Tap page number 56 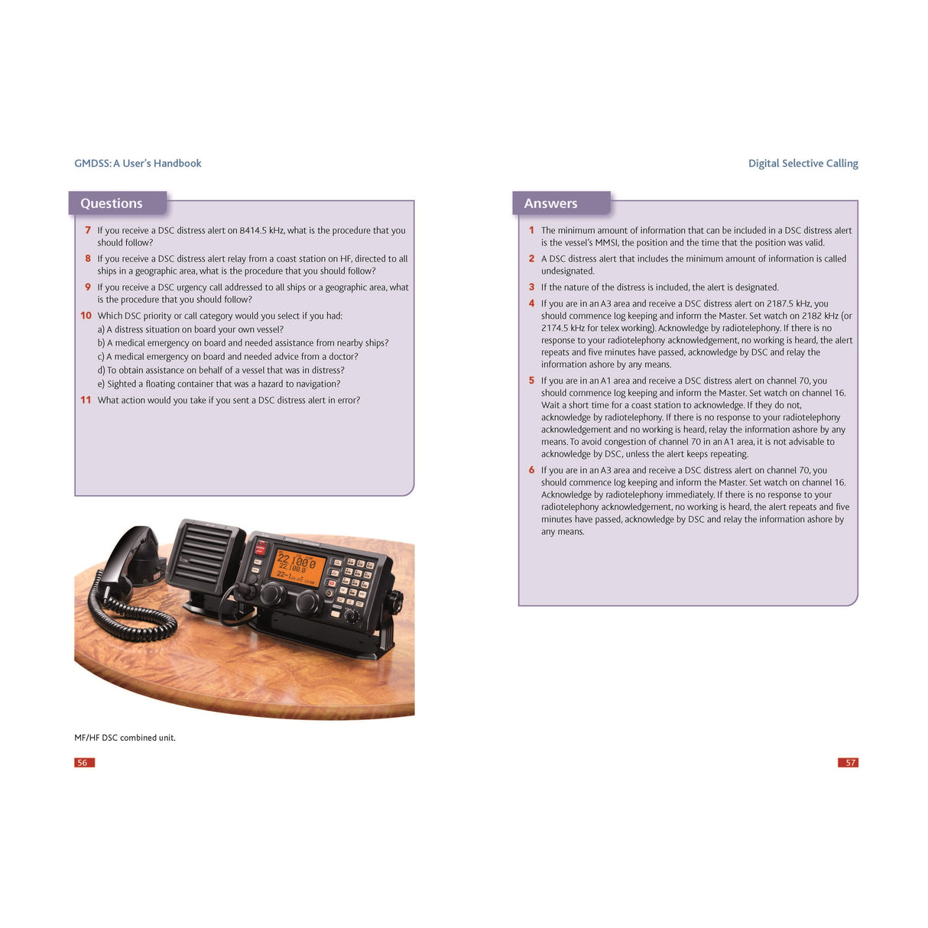pos(83,762)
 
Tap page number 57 pos(849,762)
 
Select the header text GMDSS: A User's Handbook pos(138,164)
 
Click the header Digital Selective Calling pos(803,164)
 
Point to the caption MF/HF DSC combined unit pos(125,738)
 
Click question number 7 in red pos(88,230)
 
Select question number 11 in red pos(86,400)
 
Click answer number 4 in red pos(531,303)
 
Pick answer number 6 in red pos(531,470)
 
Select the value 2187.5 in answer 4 pos(782,303)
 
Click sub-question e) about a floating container pos(219,384)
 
